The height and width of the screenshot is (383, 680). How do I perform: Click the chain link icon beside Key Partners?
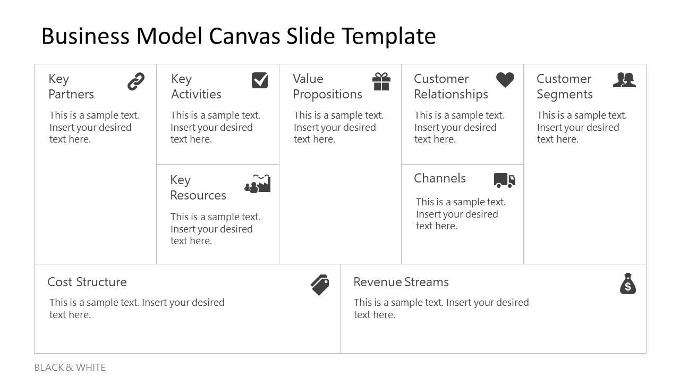coord(136,81)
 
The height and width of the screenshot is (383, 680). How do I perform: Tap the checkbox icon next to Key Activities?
coord(260,80)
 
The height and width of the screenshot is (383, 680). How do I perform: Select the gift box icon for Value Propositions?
coord(381,81)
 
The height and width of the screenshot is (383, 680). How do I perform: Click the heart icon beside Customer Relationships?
coord(505,80)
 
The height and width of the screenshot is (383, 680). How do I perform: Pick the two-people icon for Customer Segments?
coord(624,80)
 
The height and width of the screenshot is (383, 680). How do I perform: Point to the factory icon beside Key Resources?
coord(258,184)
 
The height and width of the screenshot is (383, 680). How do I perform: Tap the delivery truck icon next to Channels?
coord(505,180)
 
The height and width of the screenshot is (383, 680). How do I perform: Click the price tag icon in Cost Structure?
coord(320,285)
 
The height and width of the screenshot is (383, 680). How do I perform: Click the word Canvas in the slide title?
coord(245,36)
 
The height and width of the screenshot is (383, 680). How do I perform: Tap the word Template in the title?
coord(388,36)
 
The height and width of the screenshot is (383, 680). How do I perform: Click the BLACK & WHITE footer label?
coord(70,368)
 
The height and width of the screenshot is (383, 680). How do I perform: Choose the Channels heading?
coord(440,178)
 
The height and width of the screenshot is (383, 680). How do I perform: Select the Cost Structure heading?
coord(87,282)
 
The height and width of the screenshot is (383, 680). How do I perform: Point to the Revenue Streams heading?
coord(401,282)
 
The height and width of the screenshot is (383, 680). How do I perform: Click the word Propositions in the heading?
coord(327,94)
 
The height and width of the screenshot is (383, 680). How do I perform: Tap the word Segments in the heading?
coord(565,94)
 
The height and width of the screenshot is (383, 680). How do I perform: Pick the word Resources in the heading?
coord(198,195)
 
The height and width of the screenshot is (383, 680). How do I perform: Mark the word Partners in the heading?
coord(71,94)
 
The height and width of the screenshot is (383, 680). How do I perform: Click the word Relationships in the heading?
coord(451,94)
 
